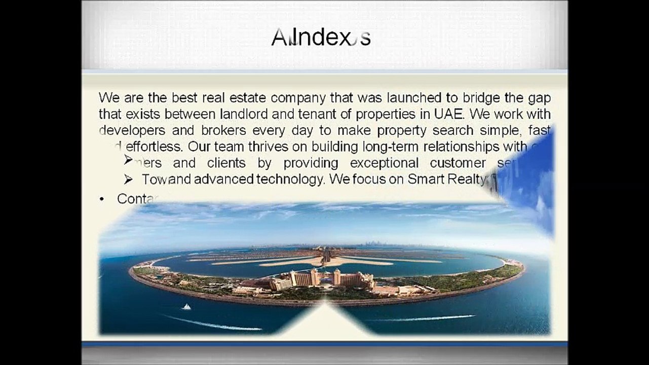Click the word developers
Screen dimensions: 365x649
tap(131, 130)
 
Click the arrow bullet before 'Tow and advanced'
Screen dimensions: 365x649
tap(128, 179)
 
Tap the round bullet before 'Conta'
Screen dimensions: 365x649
tap(102, 199)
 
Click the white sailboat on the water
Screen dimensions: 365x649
tap(186, 307)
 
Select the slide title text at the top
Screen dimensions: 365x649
tap(321, 38)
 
